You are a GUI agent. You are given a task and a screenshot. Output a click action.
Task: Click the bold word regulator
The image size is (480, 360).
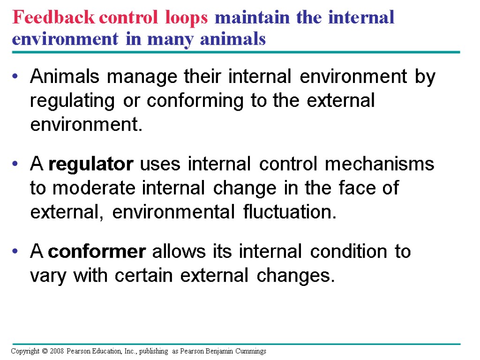click(x=91, y=165)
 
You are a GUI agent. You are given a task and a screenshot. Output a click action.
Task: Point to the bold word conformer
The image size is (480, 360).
click(x=97, y=252)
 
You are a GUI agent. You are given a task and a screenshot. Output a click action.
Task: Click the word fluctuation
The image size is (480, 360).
click(x=290, y=212)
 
